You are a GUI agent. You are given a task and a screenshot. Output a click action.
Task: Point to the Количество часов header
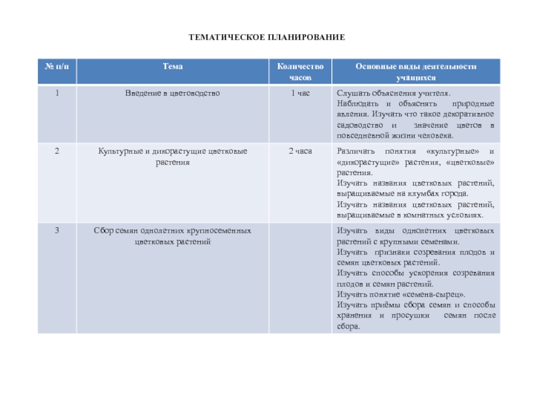[300, 72]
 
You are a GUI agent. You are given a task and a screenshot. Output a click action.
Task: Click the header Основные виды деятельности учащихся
[415, 72]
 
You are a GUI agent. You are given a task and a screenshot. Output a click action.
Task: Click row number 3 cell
[57, 231]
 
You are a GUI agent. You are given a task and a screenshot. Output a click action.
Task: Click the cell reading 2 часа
[300, 152]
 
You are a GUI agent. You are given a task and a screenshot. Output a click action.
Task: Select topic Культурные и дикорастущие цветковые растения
[172, 156]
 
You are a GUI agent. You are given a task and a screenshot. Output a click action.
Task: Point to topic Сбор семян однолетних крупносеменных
[172, 231]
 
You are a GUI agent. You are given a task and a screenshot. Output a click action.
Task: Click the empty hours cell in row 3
[300, 277]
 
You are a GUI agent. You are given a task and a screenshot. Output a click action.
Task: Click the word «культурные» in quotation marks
[454, 152]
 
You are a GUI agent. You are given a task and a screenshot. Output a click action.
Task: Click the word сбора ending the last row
[348, 326]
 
